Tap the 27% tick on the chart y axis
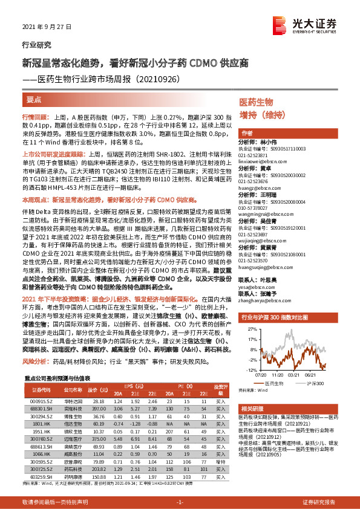244,322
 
